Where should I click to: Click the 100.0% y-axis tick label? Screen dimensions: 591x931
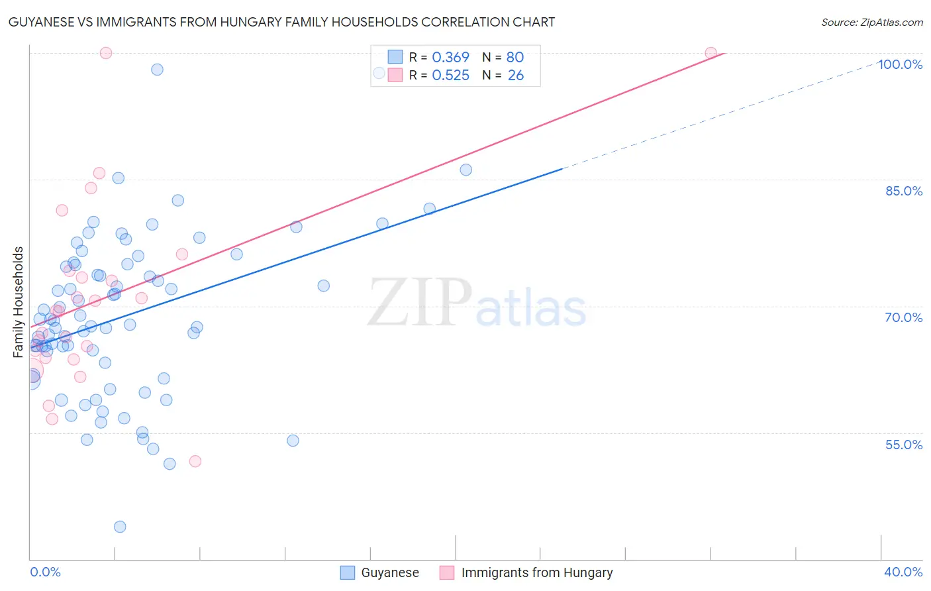[900, 64]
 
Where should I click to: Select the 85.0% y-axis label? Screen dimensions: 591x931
[904, 191]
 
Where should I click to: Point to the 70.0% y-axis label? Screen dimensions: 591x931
[904, 317]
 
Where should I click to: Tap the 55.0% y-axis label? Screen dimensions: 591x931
[904, 445]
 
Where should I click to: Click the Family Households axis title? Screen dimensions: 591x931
[19, 302]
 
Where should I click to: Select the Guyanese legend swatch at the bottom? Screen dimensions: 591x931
[348, 573]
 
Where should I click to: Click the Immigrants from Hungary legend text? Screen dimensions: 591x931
[536, 573]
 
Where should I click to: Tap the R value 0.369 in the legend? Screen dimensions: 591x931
[450, 58]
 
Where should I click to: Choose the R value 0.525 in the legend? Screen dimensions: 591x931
[450, 76]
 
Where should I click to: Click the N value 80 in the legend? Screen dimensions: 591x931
[515, 58]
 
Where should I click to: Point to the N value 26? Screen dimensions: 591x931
[515, 76]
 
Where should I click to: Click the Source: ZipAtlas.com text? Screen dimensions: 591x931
[871, 23]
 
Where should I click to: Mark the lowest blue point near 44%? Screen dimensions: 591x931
[120, 527]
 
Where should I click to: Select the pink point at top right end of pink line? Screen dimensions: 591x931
[710, 53]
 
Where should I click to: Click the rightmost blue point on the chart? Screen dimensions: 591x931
[466, 170]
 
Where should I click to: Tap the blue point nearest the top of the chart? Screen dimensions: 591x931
[157, 70]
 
